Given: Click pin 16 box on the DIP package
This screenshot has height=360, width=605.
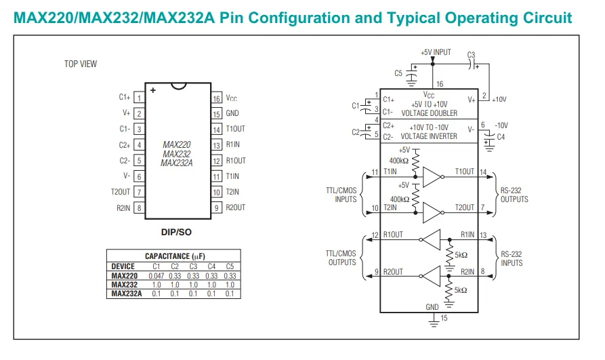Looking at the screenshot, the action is point(216,98).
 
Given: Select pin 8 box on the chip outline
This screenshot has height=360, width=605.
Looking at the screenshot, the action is point(140,208).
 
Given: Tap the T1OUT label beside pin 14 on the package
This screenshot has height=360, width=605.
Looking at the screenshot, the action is point(235,129).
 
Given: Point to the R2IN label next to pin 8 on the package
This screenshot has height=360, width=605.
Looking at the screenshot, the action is point(123,208).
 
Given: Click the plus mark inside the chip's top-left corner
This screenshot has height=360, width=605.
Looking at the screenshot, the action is point(153,90).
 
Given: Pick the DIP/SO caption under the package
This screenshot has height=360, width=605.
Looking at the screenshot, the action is point(176,232).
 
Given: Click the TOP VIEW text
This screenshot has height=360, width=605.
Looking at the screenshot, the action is point(81,64).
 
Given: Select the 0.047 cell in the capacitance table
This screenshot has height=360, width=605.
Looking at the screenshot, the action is point(157,276).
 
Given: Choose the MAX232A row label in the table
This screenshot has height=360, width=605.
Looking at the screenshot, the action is point(127,294).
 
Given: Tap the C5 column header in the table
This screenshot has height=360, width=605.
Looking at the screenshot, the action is point(230,266).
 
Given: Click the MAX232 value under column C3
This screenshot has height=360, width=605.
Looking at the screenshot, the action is point(193,285).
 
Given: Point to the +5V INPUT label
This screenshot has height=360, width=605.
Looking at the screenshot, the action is point(436,52).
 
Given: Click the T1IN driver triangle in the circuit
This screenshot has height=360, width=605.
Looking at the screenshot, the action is point(432,177).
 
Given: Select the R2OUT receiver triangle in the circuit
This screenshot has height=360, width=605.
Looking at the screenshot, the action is point(431,276).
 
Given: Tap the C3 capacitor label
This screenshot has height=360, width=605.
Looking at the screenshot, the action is point(471,55).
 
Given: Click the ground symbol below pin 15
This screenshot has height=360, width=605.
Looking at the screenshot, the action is point(434,323).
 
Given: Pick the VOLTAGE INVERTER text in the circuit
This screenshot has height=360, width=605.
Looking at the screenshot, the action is point(429,136).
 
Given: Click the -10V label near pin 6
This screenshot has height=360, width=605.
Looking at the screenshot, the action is point(501,125).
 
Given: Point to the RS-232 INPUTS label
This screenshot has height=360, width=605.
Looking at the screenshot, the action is point(512,258).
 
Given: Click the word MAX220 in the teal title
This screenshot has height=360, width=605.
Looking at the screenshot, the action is point(43,18).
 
